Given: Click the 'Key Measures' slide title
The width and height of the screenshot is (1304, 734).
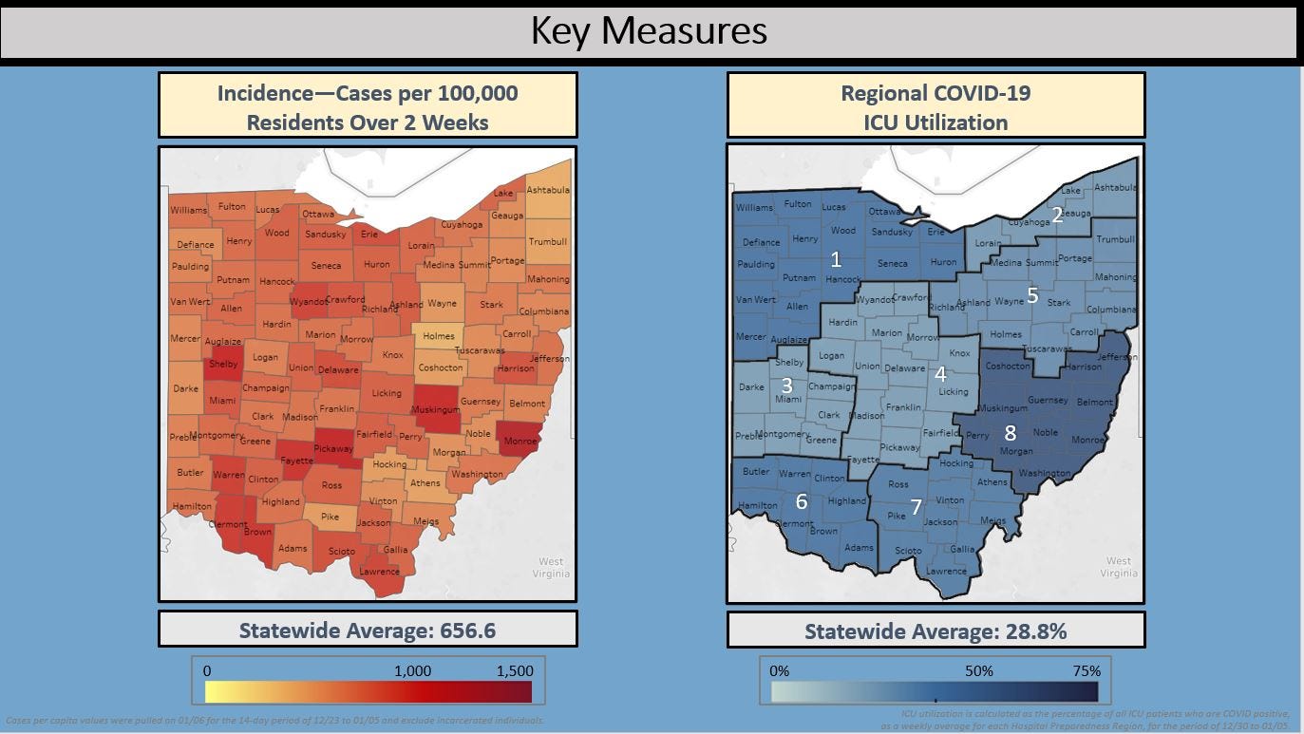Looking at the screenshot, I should (x=649, y=31).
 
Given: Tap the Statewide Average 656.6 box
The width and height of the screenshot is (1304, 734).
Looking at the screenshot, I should (x=368, y=630).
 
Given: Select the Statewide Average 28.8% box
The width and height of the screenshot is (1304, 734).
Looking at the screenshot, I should (x=935, y=630).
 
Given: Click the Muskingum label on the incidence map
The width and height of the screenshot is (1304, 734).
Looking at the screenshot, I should (x=435, y=410).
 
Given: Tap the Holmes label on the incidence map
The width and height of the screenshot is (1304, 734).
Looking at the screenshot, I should (x=439, y=336).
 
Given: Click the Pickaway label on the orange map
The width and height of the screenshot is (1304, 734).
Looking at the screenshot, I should (x=333, y=446).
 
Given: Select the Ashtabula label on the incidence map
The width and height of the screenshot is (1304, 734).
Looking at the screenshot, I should (x=548, y=190).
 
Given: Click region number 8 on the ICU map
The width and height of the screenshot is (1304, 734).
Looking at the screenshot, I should (x=1011, y=433).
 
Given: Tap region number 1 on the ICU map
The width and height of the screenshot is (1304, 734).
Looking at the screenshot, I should (x=836, y=258).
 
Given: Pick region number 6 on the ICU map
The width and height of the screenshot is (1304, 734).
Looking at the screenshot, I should (x=802, y=500).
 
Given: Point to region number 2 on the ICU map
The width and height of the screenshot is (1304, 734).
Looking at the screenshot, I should (x=1056, y=215).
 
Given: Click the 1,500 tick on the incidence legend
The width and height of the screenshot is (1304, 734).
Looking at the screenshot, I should (x=515, y=670).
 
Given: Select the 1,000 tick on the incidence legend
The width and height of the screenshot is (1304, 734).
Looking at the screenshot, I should (x=412, y=670).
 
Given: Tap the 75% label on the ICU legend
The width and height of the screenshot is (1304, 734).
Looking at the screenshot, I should (x=1087, y=670).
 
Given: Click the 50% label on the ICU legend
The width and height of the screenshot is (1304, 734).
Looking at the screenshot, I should (x=979, y=670).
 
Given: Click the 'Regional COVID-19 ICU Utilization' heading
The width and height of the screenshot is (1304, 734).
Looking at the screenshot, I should (x=935, y=106).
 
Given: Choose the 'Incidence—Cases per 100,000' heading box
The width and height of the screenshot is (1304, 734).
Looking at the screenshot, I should (x=368, y=106).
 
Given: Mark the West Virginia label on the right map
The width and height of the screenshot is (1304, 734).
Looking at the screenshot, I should (x=1118, y=567).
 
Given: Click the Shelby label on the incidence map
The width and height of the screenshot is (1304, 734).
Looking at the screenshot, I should (x=223, y=365).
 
